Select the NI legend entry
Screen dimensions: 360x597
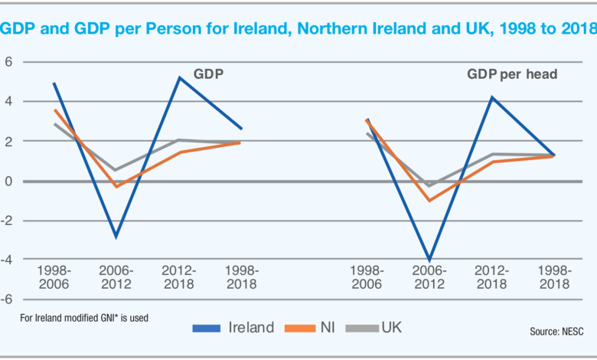(x=322, y=328)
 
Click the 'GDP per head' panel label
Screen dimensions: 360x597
(x=512, y=75)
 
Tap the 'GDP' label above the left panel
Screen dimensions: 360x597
(x=208, y=75)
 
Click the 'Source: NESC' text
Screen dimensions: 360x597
(x=562, y=332)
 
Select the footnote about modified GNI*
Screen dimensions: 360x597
(x=84, y=316)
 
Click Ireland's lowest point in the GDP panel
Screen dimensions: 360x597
(x=117, y=237)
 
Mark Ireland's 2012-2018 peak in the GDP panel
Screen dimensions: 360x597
(x=179, y=77)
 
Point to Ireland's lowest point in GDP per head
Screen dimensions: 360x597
(x=429, y=260)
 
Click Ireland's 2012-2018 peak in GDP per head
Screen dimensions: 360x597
(x=493, y=97)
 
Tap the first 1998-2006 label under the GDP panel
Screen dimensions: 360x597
(x=54, y=277)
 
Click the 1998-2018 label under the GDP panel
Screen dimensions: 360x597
(x=243, y=277)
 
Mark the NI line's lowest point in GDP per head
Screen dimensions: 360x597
(x=429, y=201)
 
